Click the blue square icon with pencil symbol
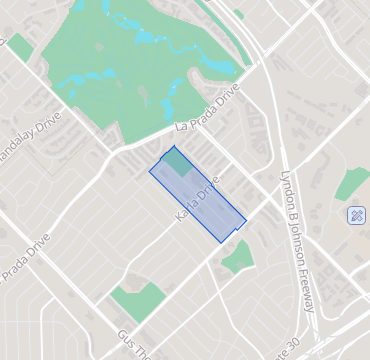356,215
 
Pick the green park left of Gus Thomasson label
136,300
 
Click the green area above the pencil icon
352,183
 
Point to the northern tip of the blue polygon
175,147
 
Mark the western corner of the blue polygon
150,170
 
